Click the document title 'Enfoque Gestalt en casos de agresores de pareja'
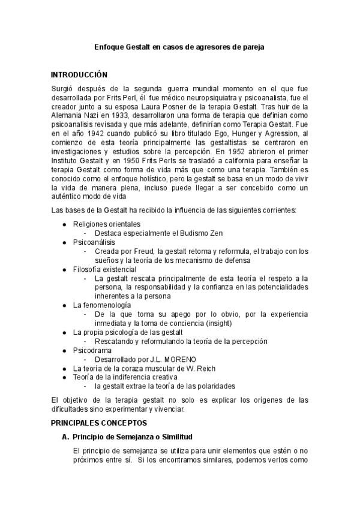coord(180,46)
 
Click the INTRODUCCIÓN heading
coord(79,75)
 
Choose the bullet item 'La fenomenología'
coord(98,305)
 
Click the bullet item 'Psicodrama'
coord(91,350)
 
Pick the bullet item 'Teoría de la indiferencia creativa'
coord(125,377)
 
